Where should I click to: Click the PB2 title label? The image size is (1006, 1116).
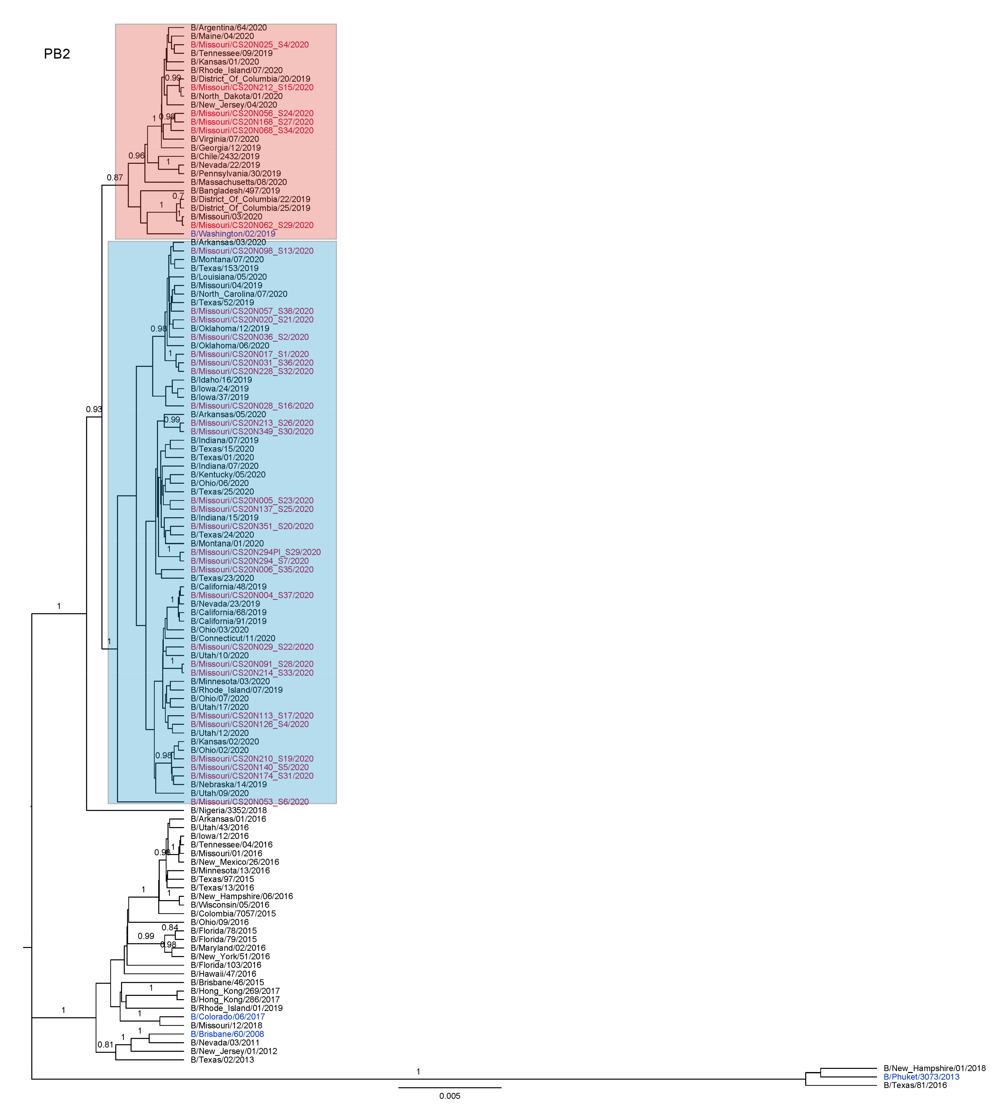[57, 54]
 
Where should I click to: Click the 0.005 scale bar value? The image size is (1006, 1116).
[449, 1096]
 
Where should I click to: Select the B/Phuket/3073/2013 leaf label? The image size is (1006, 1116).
[921, 1077]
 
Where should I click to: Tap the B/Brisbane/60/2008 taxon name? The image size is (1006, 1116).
[227, 1034]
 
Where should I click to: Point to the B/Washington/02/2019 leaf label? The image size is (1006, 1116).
[233, 234]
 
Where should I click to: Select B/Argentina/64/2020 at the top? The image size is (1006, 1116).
[228, 28]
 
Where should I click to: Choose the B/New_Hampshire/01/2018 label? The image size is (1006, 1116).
[934, 1068]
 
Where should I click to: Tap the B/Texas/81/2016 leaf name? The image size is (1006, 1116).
[915, 1085]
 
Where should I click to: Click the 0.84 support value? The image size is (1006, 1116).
[170, 928]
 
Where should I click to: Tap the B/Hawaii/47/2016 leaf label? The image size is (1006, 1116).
[223, 974]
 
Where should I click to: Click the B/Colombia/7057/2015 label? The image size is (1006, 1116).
[233, 914]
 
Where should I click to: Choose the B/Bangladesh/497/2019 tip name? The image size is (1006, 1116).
[235, 191]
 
